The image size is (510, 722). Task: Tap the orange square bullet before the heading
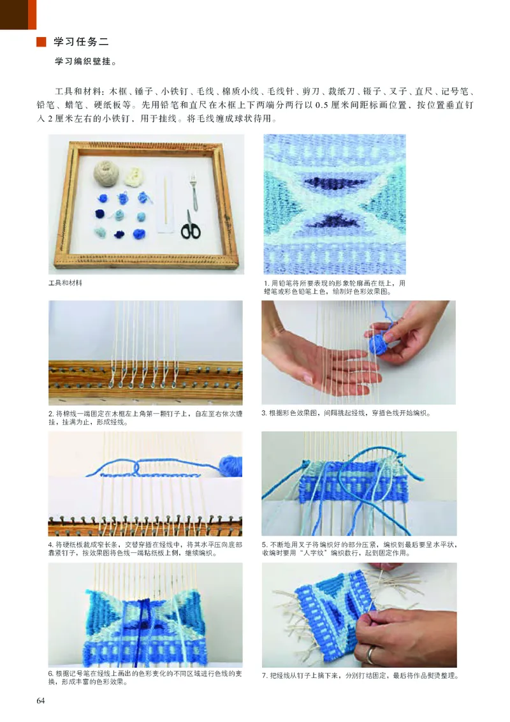tap(41, 43)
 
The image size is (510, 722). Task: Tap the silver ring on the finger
tap(371, 653)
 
